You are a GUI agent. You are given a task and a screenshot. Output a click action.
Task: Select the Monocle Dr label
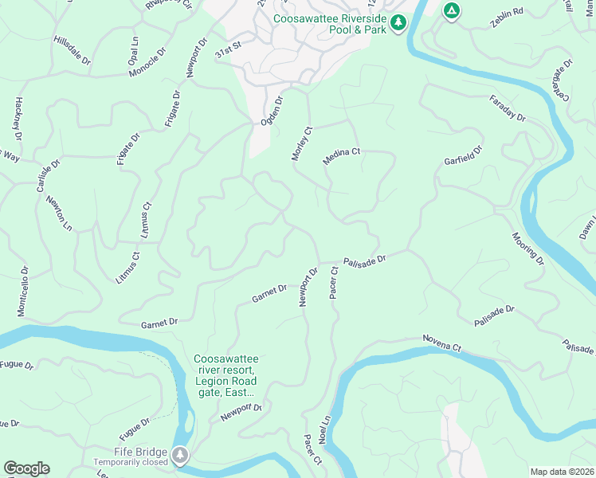(x=148, y=64)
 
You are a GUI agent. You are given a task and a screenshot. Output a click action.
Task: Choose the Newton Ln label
(x=59, y=214)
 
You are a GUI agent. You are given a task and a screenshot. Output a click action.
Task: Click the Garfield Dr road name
(x=464, y=156)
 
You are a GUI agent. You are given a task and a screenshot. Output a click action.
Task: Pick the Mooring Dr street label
(x=528, y=249)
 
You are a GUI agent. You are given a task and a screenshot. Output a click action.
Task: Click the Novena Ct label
(x=441, y=343)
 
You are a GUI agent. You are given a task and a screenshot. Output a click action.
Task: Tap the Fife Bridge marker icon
(x=182, y=454)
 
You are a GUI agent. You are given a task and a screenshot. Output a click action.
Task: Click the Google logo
(x=26, y=468)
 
